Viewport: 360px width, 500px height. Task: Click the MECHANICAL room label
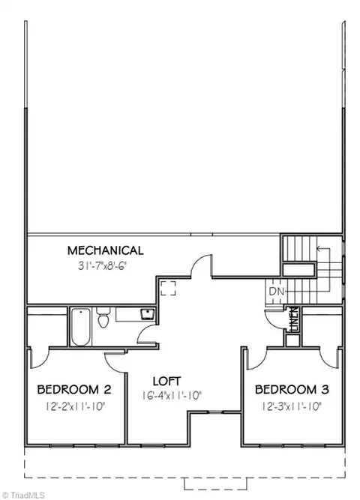click(105, 250)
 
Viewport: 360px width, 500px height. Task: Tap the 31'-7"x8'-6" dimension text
click(103, 266)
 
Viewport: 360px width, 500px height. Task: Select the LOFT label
click(166, 381)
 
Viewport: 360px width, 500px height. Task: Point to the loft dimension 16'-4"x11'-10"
click(172, 396)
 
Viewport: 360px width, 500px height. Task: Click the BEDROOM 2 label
click(74, 389)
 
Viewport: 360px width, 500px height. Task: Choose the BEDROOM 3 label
click(292, 389)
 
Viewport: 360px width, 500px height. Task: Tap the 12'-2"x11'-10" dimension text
click(75, 406)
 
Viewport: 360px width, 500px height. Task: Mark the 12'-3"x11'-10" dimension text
click(292, 406)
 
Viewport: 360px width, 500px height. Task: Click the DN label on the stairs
click(276, 291)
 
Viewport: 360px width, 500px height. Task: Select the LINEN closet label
click(294, 319)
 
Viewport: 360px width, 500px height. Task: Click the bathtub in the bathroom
click(81, 327)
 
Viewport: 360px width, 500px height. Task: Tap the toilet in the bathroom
click(103, 317)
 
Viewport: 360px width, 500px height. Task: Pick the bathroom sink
click(148, 313)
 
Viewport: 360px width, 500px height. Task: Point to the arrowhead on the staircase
click(319, 248)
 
